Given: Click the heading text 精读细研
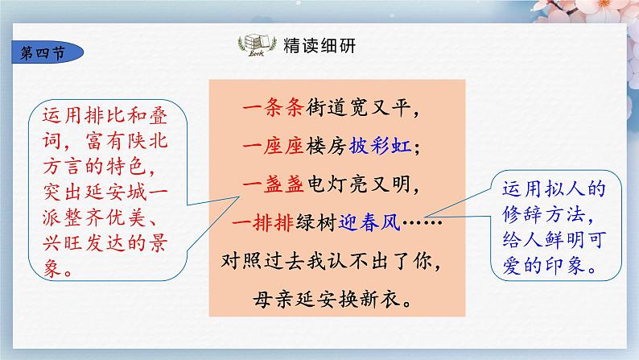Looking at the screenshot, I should (x=309, y=47).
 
